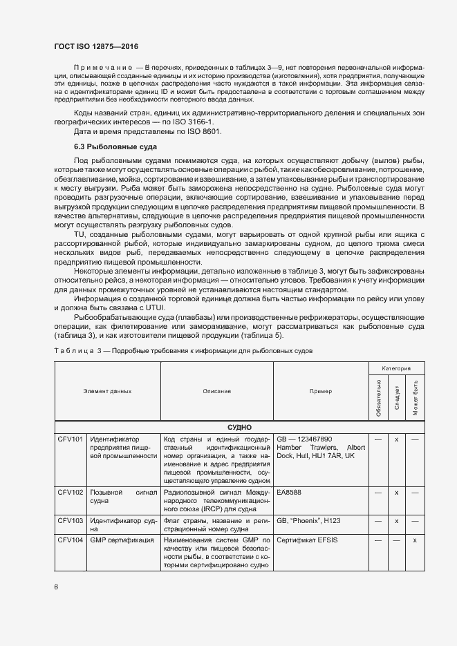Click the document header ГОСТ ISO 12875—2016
[96, 46]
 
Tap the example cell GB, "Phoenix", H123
[309, 520]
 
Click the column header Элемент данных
[107, 391]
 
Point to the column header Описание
[217, 391]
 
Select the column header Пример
[320, 391]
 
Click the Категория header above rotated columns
[396, 369]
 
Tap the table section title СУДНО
[239, 428]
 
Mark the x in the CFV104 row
[415, 539]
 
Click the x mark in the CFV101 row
[397, 439]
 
